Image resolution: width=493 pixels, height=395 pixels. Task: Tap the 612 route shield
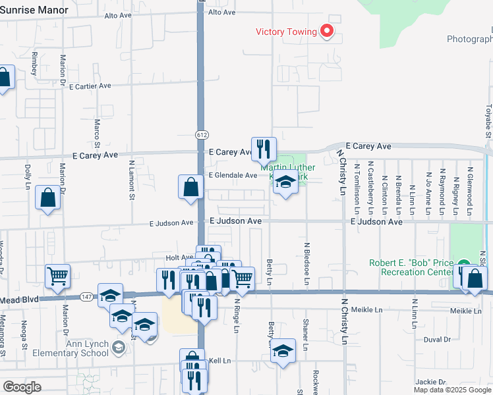click(201, 134)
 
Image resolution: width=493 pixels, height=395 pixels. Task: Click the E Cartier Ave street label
click(89, 86)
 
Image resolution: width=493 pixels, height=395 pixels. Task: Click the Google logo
click(22, 387)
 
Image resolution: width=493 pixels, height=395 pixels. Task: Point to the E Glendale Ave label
click(233, 176)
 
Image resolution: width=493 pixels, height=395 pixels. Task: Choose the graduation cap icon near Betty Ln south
click(283, 351)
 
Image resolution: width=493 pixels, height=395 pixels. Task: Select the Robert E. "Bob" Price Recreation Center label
click(411, 267)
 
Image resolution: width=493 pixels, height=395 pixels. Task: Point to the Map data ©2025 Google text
click(452, 390)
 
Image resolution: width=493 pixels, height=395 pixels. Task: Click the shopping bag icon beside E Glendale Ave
click(190, 186)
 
